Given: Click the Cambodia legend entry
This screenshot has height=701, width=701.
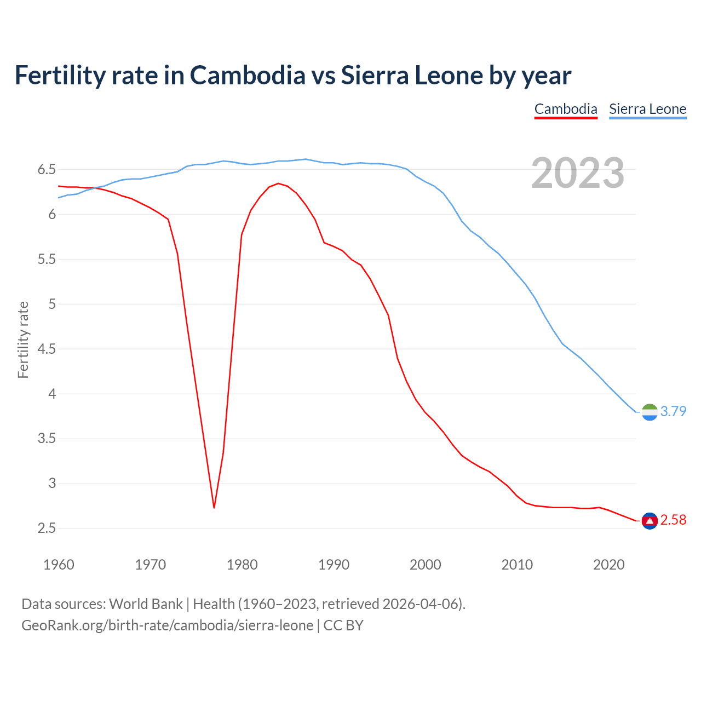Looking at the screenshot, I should pos(566,109).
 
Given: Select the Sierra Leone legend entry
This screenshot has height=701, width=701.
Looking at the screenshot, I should pos(647,109).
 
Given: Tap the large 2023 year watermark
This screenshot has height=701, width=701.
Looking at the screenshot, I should pos(578,173).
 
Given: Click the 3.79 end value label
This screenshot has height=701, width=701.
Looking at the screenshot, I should pos(673,411).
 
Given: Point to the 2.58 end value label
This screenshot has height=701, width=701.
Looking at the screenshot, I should pos(673,520).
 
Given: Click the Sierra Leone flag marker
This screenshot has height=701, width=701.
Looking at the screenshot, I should pos(650,412).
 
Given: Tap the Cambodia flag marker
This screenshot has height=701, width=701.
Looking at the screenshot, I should pos(650,520).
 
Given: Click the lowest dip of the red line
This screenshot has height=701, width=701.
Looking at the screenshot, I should pos(214,508).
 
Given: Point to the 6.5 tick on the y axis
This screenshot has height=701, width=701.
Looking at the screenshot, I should pos(47,170).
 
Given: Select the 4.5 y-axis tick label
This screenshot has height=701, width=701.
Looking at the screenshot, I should pos(47,349).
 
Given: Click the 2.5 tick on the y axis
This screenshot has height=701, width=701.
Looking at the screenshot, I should pos(47,528).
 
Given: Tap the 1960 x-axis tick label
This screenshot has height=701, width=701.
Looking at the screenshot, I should pos(59,565).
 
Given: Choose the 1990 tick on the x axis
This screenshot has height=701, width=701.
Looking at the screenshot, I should pos(334,565).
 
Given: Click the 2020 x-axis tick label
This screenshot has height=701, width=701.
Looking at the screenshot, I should pos(608,565).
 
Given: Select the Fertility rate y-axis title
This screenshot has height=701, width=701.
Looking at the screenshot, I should pos(23,340).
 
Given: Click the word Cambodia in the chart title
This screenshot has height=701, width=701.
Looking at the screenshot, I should pos(248,75).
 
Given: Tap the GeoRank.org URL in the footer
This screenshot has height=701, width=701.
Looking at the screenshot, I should pos(167,625).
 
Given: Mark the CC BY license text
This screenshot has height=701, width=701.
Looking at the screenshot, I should pos(343,625).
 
